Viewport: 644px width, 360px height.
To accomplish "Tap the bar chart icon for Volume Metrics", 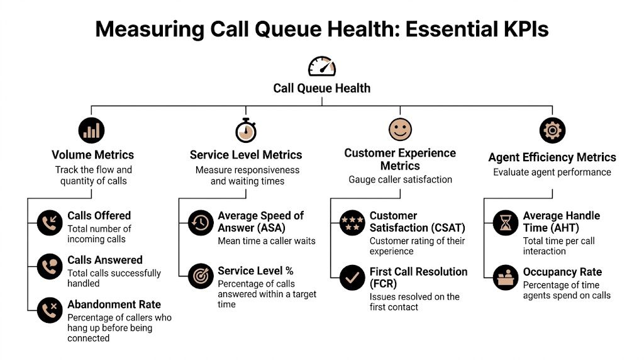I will (x=92, y=130).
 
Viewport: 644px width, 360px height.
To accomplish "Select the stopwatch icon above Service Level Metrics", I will (x=245, y=130).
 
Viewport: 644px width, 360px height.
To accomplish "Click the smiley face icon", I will (x=399, y=130).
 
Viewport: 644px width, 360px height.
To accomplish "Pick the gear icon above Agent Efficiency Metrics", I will (x=553, y=130).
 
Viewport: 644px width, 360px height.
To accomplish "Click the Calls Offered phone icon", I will (x=49, y=223).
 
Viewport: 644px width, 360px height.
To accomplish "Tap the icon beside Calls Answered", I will (x=49, y=267).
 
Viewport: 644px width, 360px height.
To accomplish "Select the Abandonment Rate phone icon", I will (x=49, y=310).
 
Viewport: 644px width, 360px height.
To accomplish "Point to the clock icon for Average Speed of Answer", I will (x=201, y=223).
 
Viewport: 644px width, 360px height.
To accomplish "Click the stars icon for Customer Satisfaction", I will (x=352, y=223).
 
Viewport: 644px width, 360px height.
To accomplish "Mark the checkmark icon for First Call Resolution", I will (x=352, y=278).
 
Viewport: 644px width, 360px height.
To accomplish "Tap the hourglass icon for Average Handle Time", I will (x=506, y=223).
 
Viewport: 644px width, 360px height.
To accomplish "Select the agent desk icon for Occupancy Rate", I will (x=506, y=278).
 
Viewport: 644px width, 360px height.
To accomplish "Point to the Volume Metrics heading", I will (x=92, y=155).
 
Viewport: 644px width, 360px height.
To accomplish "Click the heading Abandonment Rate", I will (x=114, y=305).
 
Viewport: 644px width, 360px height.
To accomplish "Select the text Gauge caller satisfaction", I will (x=400, y=179).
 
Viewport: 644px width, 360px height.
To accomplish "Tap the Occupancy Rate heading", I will (x=562, y=272).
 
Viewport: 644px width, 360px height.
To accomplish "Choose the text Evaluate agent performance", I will (x=552, y=172).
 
